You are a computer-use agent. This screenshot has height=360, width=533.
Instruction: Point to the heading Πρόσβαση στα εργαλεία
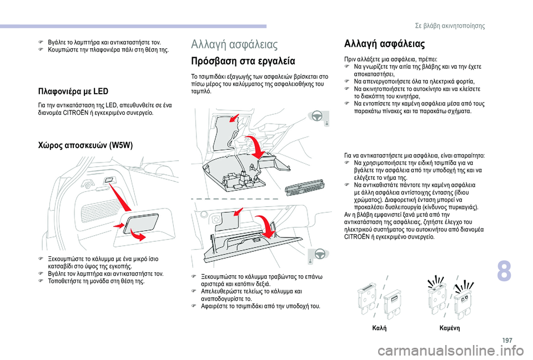[243, 60]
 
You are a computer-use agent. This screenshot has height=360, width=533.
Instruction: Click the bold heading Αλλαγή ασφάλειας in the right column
[385, 44]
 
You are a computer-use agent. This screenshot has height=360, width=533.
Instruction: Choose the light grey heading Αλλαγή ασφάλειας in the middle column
[234, 44]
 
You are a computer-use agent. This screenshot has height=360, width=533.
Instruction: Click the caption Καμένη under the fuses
[448, 328]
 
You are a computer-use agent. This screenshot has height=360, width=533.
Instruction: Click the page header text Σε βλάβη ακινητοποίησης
[458, 26]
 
